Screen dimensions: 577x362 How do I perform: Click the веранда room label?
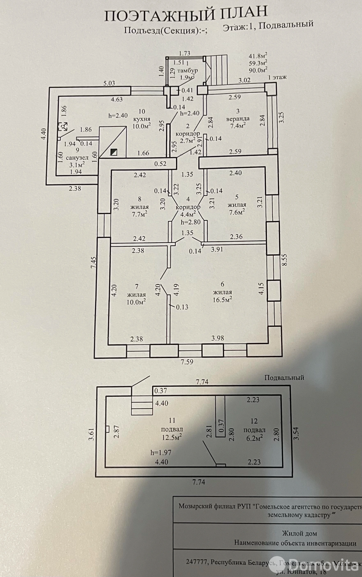[238, 119]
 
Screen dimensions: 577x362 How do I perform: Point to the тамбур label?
[187, 70]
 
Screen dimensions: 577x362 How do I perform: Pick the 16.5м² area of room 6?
[222, 299]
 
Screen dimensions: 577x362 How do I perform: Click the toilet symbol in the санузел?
[63, 126]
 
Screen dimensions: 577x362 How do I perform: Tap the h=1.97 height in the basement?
[161, 453]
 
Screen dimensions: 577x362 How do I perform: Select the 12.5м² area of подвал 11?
[172, 437]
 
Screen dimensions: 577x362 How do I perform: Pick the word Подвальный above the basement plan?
[284, 378]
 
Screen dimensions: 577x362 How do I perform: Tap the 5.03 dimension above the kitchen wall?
[109, 83]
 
